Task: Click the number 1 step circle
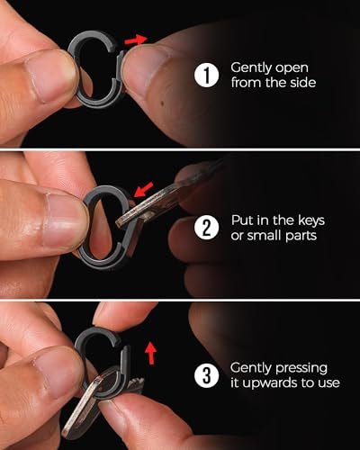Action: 207,75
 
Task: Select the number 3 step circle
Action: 207,376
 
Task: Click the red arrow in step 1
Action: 134,40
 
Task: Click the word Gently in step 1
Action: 249,67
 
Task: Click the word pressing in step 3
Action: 294,368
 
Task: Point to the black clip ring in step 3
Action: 99,351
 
